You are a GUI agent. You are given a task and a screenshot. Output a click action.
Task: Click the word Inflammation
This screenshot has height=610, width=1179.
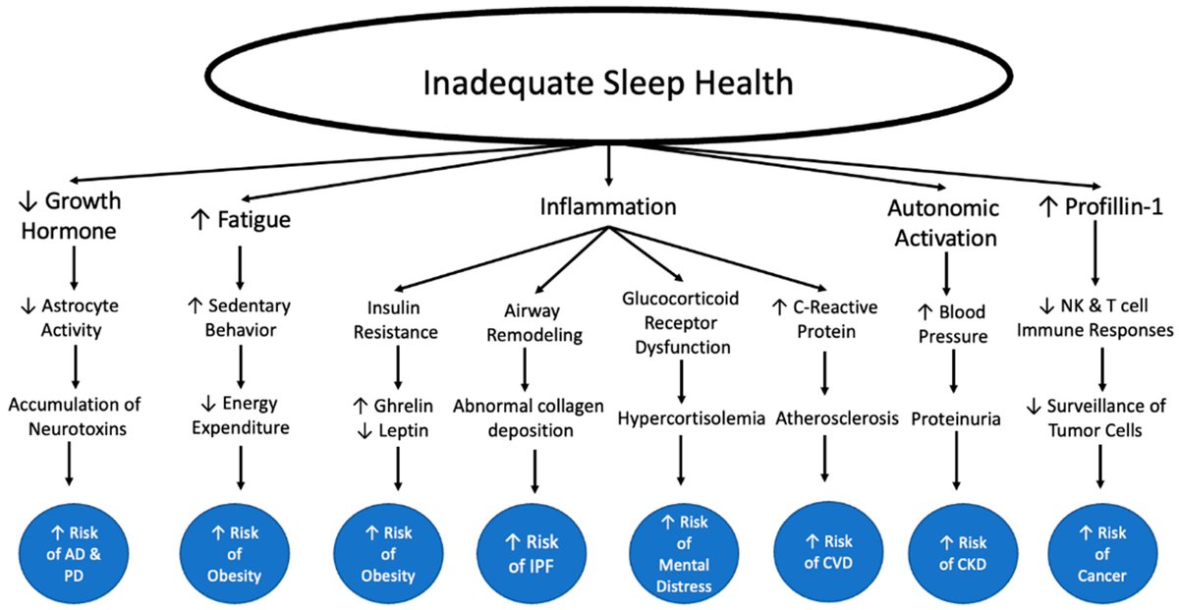tap(608, 207)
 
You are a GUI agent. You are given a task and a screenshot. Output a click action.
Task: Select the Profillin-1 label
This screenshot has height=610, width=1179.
tap(1098, 207)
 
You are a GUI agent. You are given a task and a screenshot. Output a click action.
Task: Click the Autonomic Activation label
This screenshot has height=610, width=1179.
tap(943, 223)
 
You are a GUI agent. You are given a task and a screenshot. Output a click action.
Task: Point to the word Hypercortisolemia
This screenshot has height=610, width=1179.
tap(692, 418)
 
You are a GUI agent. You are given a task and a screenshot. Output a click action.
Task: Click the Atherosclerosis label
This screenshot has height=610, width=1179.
tap(837, 418)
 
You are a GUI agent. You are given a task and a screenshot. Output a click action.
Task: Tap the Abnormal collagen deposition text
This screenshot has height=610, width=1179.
tap(528, 416)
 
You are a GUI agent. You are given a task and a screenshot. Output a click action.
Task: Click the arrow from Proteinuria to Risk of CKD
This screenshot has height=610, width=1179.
tap(955, 461)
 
